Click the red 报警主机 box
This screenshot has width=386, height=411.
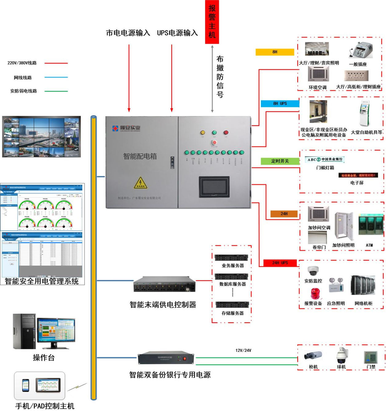point(212,22)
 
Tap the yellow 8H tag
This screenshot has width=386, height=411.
point(275,52)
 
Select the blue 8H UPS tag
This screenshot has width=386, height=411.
point(280,104)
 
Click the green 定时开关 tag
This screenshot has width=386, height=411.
point(280,161)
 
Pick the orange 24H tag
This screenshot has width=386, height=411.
point(284,213)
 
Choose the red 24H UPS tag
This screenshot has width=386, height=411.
point(280,263)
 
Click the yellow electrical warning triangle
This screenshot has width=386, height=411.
point(140,183)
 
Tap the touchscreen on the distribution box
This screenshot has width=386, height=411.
point(214,186)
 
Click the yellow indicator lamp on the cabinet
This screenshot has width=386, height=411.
point(203,133)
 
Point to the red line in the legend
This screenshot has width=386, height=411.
point(56,63)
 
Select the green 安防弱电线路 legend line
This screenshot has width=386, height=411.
point(56,91)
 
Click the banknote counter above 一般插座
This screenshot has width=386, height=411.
point(362,50)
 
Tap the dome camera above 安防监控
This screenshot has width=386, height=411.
point(313,271)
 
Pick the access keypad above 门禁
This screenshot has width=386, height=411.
point(370,357)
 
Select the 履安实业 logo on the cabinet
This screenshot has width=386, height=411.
point(126,128)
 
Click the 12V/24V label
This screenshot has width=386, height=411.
point(243,350)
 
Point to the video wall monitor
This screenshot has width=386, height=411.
point(41,137)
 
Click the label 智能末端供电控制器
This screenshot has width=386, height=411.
point(163,305)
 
